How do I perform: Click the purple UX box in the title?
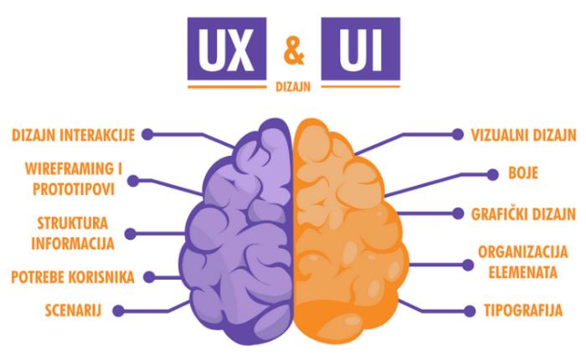[227, 49]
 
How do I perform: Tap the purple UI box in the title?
[361, 49]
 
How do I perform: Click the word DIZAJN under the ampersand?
[293, 87]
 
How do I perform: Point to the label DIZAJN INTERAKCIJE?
[74, 135]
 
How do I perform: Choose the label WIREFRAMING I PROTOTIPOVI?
[74, 179]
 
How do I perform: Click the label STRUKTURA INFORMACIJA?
[73, 234]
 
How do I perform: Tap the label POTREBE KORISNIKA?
[73, 277]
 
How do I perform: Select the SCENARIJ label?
[74, 311]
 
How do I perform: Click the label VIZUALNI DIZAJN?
[523, 136]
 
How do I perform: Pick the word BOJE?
[523, 173]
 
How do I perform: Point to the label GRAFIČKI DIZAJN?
[523, 213]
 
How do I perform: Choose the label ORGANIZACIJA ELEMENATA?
[523, 262]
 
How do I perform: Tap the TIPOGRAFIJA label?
[523, 311]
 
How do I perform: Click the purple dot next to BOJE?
[493, 174]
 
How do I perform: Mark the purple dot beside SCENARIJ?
[119, 311]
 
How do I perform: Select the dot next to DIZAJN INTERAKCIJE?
[147, 135]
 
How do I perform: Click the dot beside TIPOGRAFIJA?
[470, 311]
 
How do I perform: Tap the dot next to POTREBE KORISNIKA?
[150, 277]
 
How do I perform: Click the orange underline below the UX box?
[227, 87]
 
